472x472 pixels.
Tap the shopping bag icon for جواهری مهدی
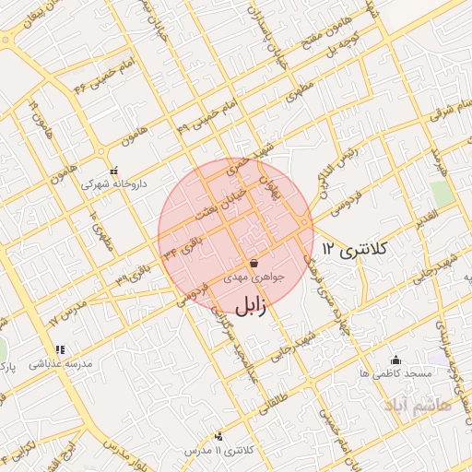[254, 263]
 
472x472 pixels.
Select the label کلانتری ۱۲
[358, 249]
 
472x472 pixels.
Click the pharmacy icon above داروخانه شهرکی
[114, 171]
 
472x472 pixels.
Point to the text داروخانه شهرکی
[113, 184]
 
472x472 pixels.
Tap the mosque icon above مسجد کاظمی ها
[396, 360]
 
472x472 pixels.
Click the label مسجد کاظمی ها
[396, 373]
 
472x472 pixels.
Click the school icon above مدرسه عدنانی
[60, 349]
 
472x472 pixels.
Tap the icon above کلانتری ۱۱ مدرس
[218, 435]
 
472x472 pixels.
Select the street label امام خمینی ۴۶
[104, 76]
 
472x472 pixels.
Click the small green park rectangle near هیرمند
[442, 195]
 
